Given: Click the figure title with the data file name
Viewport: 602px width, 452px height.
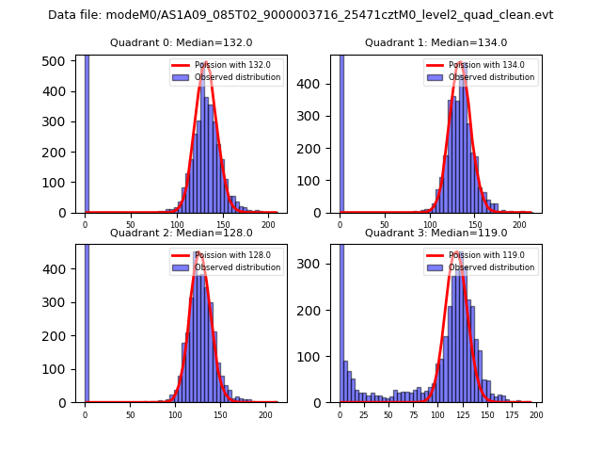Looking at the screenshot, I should pos(301,15).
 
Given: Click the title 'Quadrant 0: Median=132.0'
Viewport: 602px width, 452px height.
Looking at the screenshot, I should pos(182,42).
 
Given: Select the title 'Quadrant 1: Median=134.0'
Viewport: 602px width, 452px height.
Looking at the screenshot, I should pos(436,42).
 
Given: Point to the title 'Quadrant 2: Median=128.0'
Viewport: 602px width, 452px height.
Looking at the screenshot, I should pos(182,233).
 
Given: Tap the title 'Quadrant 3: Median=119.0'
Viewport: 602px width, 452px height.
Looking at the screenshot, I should pos(436,233).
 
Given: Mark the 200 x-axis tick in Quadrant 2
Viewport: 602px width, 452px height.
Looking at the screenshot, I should pos(266,414).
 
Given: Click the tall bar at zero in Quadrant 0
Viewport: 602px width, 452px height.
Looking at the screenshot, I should pos(87,132).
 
